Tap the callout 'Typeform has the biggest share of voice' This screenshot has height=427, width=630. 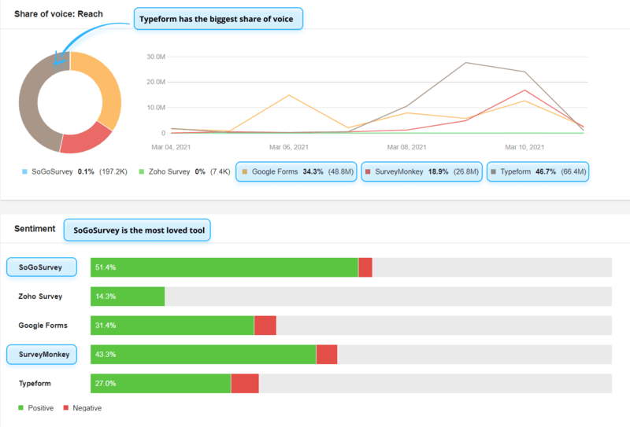point(218,19)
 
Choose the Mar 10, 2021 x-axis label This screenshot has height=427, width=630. point(524,147)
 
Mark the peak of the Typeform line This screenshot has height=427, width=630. point(465,63)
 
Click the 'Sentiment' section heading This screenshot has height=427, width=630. point(35,229)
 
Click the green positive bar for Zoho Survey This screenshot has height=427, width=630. point(128,296)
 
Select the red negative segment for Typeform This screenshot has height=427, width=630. point(244,383)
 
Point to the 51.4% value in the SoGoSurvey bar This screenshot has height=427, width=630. point(106,267)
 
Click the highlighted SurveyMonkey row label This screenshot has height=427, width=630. point(42,354)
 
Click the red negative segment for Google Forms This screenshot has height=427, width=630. point(265,326)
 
